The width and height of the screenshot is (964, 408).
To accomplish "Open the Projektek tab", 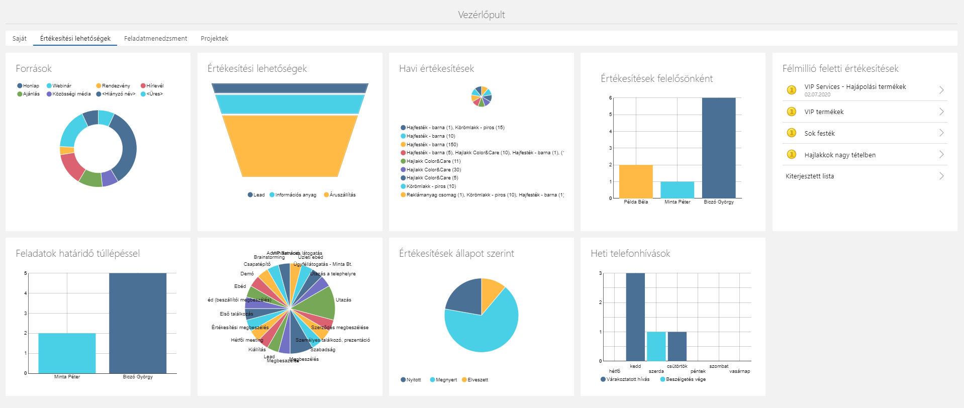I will [214, 39].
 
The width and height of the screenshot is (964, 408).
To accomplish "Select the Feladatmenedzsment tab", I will [155, 39].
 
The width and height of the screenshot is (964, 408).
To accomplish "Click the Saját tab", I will [20, 39].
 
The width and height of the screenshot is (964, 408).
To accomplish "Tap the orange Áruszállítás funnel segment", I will [290, 146].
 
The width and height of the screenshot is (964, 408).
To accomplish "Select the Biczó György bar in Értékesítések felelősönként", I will [718, 148].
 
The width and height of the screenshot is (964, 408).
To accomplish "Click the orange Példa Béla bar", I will [635, 181].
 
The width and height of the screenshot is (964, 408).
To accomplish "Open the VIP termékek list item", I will [824, 112].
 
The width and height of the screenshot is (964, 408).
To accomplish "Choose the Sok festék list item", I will [819, 134].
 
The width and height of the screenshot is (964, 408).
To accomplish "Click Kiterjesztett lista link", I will [810, 176].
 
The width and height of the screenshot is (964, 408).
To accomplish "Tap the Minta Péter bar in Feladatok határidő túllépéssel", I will [67, 353].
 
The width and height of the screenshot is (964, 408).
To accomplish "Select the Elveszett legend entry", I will [477, 380].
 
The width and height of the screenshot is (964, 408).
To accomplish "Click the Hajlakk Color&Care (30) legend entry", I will [433, 170].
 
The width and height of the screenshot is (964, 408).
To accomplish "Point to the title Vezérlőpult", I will [481, 15].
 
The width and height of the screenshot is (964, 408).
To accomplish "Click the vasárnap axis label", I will [739, 371].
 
